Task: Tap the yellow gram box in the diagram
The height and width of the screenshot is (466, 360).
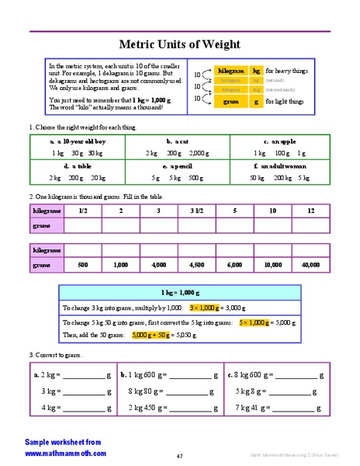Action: click(230, 101)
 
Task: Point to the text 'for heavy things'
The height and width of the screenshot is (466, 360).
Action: click(286, 71)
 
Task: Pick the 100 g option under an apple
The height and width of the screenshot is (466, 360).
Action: click(275, 153)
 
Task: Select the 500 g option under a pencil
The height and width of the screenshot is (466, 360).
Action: click(195, 178)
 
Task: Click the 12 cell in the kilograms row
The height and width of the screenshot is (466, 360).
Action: click(310, 211)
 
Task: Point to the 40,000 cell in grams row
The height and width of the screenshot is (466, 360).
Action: click(310, 265)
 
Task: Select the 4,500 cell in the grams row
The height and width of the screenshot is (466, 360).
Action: click(196, 265)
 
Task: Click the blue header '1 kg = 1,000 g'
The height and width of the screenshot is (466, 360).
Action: click(179, 293)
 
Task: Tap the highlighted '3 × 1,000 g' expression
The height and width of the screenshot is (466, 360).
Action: click(205, 308)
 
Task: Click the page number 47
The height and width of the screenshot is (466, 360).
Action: click(179, 456)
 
